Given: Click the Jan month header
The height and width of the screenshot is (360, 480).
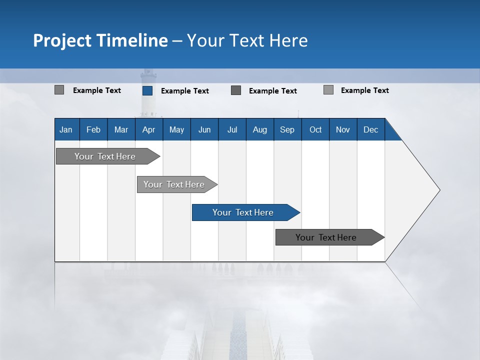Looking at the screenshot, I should (x=66, y=129).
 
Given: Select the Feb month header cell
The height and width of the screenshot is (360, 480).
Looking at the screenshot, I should (x=93, y=129).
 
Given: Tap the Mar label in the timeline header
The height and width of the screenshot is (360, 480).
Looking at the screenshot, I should (x=121, y=129).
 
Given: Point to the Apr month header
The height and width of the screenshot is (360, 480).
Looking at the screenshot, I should (x=148, y=129).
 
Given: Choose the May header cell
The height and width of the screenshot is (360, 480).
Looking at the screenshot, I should (x=176, y=129).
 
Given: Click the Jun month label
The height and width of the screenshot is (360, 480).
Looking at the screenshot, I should (x=204, y=129).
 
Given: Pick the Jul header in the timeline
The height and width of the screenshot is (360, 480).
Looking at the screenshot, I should (x=232, y=129).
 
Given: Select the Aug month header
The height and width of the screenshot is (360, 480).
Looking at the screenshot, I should (x=260, y=129).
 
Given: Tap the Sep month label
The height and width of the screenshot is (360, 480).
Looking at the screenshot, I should (x=287, y=129).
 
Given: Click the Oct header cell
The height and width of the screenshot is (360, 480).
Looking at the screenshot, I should (x=315, y=129).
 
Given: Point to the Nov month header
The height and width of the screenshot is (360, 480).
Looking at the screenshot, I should (x=343, y=129).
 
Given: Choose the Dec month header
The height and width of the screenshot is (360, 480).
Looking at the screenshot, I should (x=371, y=129).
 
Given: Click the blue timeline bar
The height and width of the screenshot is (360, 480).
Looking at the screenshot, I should (x=242, y=212).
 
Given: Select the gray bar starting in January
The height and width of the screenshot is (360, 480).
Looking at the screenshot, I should (x=105, y=156).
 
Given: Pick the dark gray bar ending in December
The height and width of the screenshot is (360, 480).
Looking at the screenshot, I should (x=326, y=237).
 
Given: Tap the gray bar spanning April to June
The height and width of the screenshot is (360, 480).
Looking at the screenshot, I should (x=174, y=184).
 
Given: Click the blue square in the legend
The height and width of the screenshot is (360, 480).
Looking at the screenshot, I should (x=147, y=90).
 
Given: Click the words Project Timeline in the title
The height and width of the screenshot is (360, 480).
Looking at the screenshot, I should (x=100, y=40).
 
